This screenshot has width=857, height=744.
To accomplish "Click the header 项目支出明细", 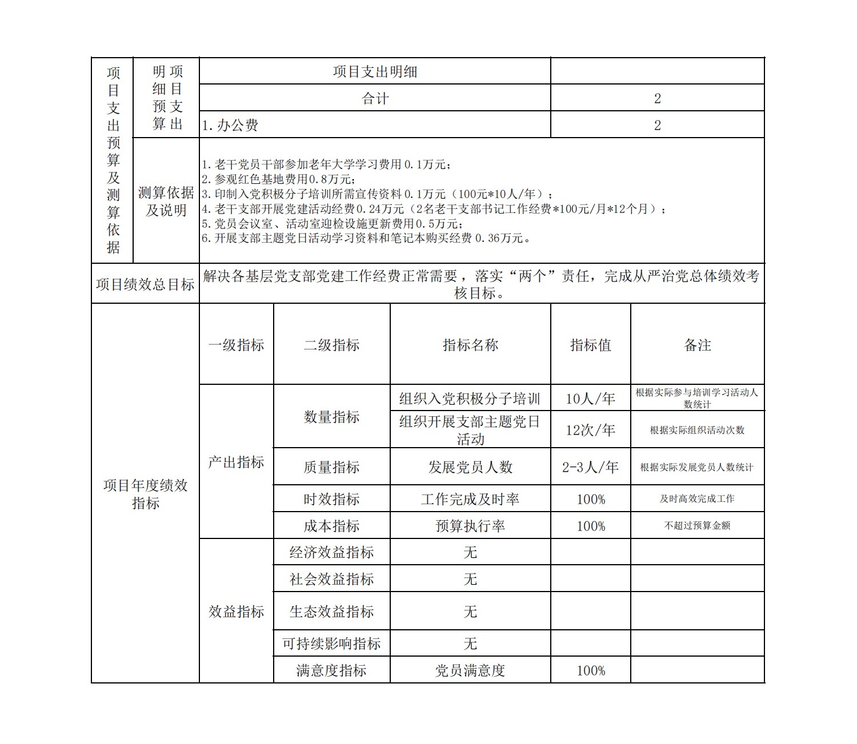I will coord(375,71).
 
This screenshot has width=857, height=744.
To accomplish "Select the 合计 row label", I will coord(375,98).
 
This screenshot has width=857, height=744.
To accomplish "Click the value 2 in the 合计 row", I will coord(657,98).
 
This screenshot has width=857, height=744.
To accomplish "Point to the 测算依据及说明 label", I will coord(166,201).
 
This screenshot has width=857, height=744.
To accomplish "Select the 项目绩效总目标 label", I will coord(145,284).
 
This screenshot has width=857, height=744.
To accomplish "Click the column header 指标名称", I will coord(470,345).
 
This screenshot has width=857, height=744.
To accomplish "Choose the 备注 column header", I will coord(697,345).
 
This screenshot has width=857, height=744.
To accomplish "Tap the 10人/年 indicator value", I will coord(590,398).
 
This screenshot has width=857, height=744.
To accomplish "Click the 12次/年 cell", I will coord(590,430).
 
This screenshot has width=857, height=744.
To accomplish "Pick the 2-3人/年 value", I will coord(590,467).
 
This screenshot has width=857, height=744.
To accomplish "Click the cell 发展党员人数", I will coord(470,467).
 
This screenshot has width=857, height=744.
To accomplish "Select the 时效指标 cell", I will coord(331,499).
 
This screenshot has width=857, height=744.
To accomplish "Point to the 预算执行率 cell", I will coord(470,526).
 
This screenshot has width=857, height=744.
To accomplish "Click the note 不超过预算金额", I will coord(697,526).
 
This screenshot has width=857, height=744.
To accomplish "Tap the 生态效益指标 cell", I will coord(331,612).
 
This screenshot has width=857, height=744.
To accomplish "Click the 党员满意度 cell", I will coord(470,670).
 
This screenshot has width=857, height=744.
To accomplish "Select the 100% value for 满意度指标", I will coord(590,670).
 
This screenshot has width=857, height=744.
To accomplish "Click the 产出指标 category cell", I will coord(236,462).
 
